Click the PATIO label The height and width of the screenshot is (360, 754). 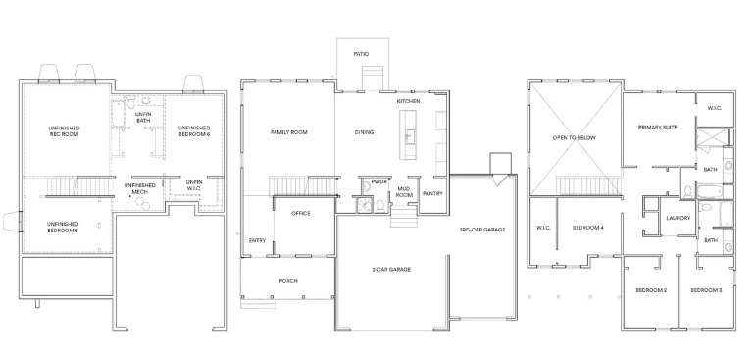(361, 54)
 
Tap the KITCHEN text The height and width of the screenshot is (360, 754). (408, 101)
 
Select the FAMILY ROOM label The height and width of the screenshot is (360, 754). (289, 132)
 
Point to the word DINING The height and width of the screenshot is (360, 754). (364, 132)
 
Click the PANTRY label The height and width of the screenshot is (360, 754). (432, 193)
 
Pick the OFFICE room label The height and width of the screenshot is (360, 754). (301, 213)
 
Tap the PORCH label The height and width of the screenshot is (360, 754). (288, 281)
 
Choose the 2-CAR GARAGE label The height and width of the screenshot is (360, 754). (391, 270)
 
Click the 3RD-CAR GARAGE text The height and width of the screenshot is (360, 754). (482, 230)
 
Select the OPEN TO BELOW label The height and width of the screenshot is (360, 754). (575, 138)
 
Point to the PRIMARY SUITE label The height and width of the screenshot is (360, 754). (658, 128)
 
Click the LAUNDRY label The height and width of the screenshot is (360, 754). (679, 218)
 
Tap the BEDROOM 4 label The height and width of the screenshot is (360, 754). (588, 228)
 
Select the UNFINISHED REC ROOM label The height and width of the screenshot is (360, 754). (64, 131)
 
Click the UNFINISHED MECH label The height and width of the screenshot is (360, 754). (139, 189)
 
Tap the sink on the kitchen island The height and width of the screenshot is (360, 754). (409, 137)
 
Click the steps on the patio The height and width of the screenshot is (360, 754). (371, 78)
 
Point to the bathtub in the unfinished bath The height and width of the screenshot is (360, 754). (119, 114)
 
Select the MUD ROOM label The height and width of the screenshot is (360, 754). (404, 192)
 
